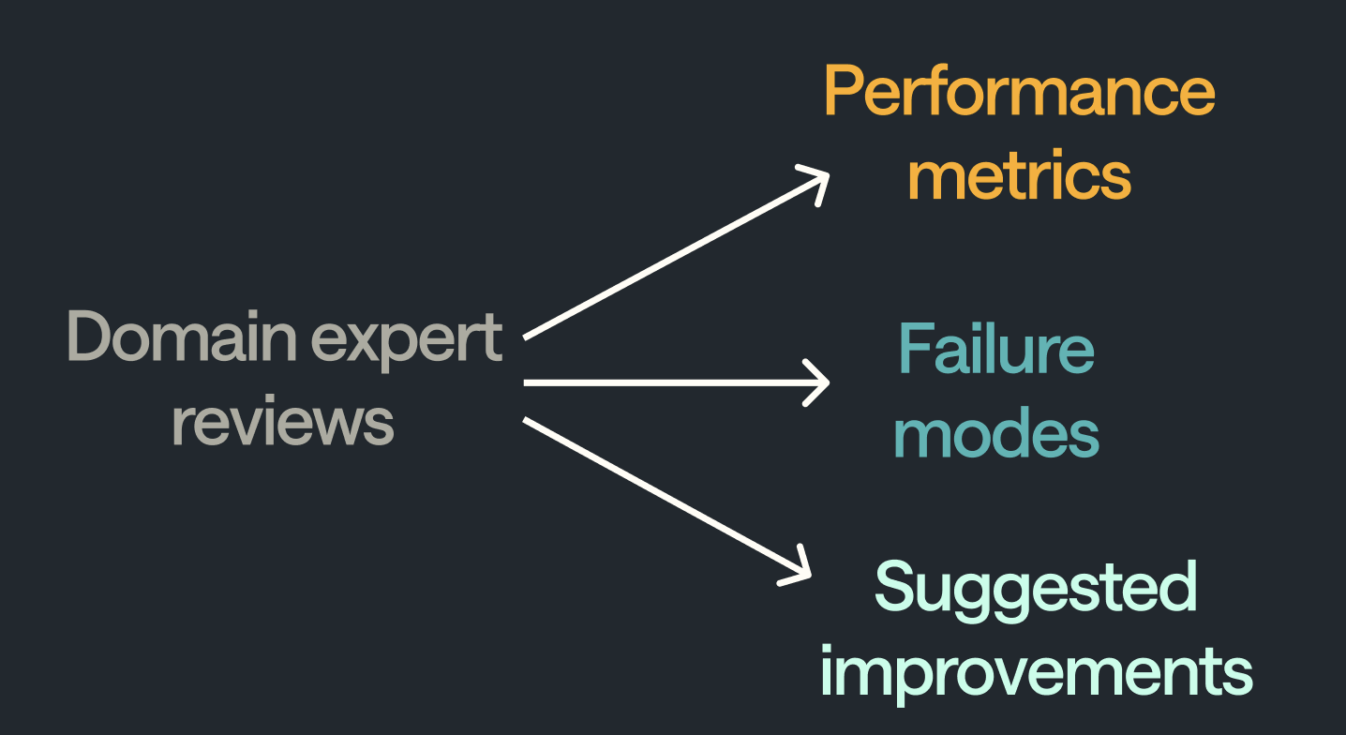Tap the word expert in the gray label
point(407,339)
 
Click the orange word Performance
point(1019,92)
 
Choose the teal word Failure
point(995,349)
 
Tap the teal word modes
point(995,433)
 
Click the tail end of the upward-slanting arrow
point(527,336)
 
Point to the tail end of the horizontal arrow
point(527,382)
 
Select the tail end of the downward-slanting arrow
point(527,421)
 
